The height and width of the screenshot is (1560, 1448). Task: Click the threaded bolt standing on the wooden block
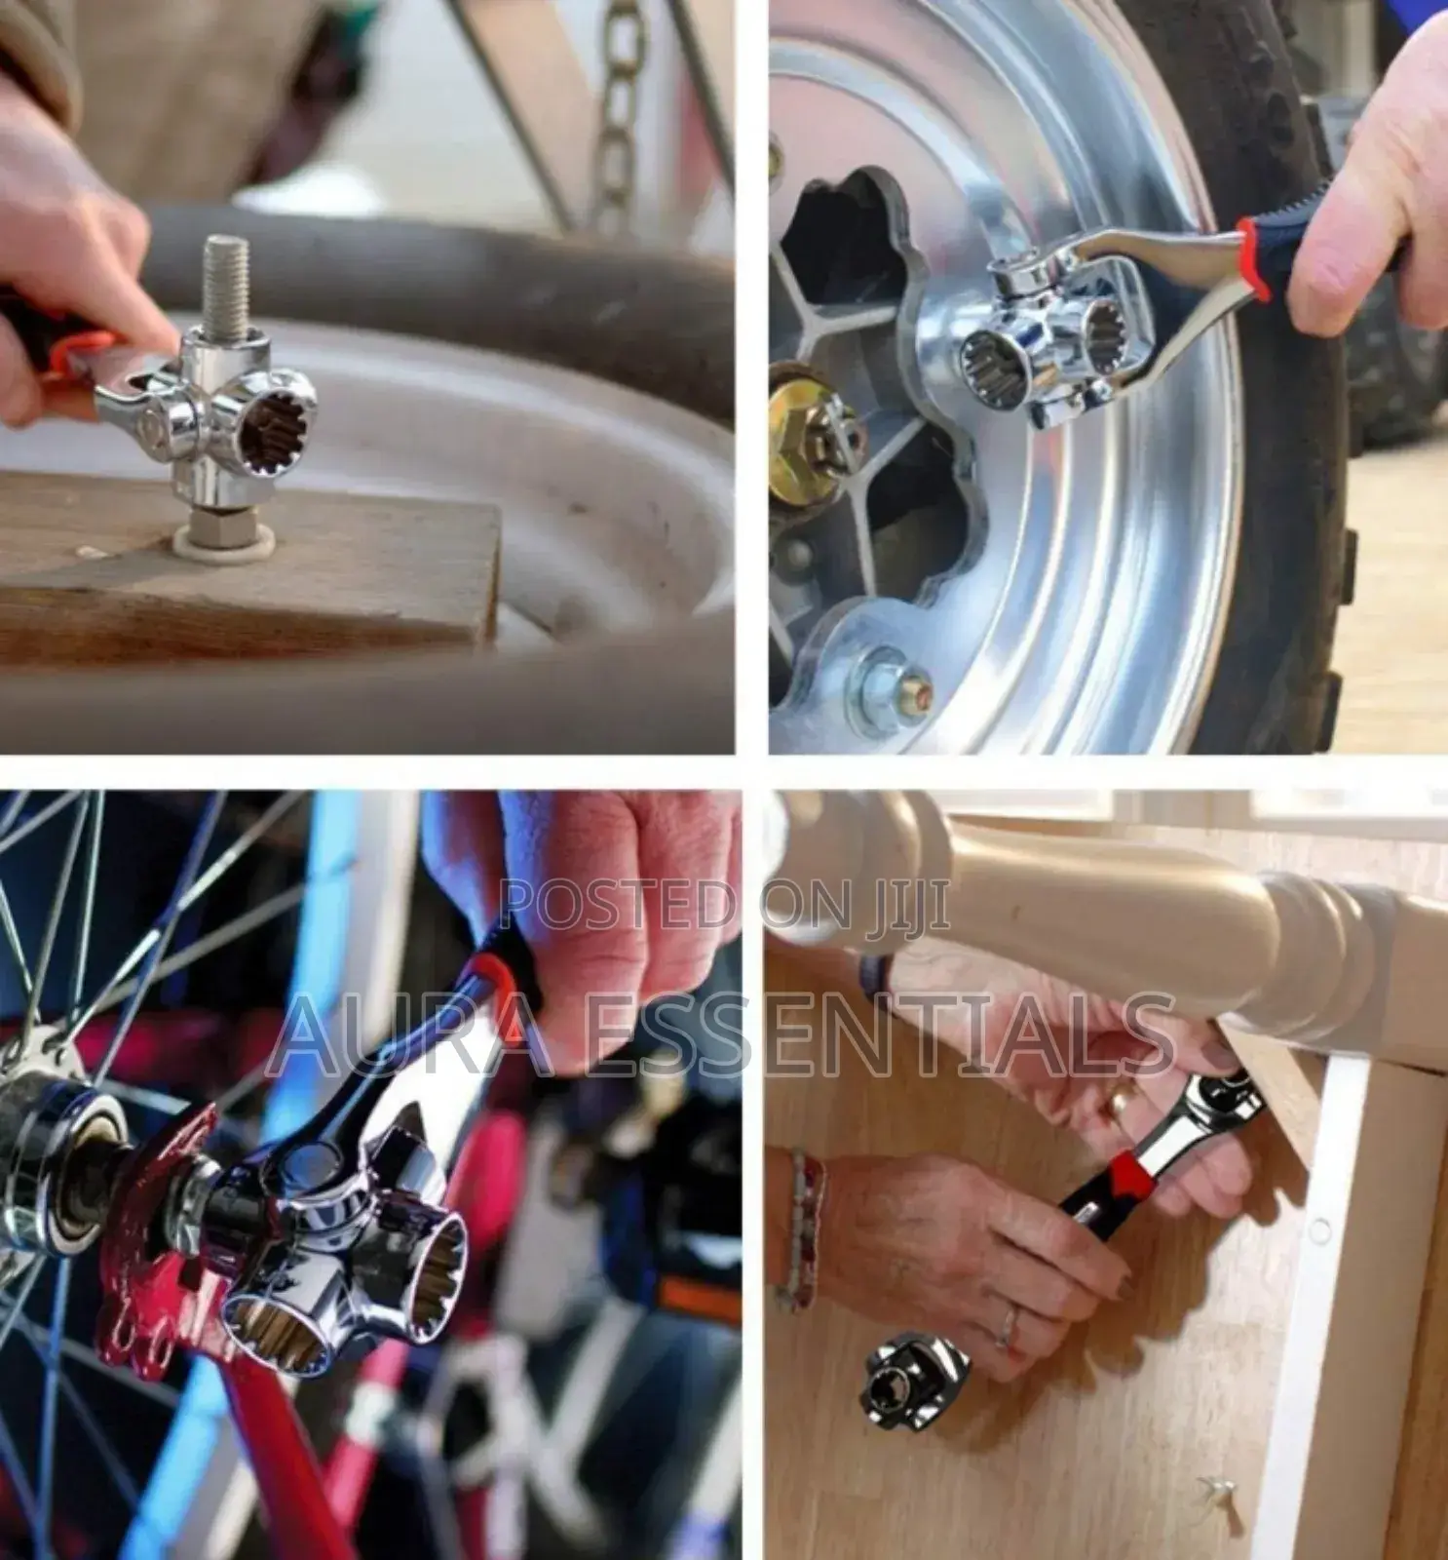click(x=225, y=283)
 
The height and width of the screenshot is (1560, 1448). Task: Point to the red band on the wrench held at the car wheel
click(x=1254, y=259)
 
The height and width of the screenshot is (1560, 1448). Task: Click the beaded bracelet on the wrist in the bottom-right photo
click(x=801, y=1228)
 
